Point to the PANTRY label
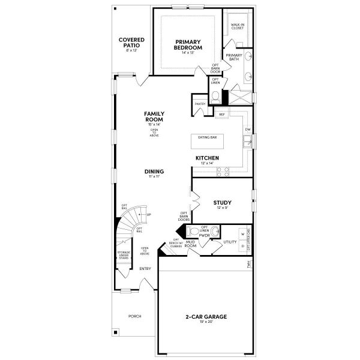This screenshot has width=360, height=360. tap(200, 104)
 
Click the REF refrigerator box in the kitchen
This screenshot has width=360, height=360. tap(222, 114)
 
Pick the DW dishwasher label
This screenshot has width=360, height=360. tap(247, 129)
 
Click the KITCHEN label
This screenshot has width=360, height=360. tap(207, 158)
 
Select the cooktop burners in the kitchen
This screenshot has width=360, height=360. tap(223, 171)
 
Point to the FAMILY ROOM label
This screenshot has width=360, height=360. tap(154, 116)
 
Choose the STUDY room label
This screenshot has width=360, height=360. tap(222, 203)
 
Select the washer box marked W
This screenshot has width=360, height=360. tap(242, 233)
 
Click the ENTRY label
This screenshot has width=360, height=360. tap(145, 268)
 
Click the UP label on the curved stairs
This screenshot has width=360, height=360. tap(148, 214)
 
